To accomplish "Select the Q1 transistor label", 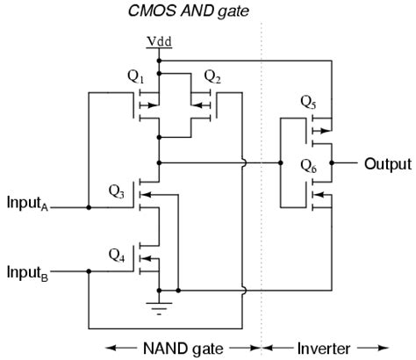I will tap(137, 76).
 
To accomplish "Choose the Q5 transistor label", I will tap(308, 104).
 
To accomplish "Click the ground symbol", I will tap(159, 308).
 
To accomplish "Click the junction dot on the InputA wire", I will tap(89, 208).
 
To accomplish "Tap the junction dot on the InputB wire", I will tap(89, 272).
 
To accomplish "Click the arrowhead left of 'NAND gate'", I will tap(109, 346).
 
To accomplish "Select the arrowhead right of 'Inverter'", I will tap(384, 346).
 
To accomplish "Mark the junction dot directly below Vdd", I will tap(159, 62).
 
